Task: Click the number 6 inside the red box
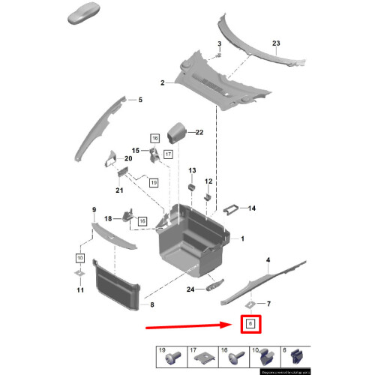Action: pyautogui.click(x=251, y=325)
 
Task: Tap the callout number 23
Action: pyautogui.click(x=275, y=44)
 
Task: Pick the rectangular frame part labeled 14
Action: pyautogui.click(x=234, y=209)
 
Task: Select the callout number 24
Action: pyautogui.click(x=190, y=289)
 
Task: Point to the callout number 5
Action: pyautogui.click(x=139, y=99)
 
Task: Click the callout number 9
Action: pyautogui.click(x=94, y=209)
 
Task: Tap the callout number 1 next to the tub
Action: pyautogui.click(x=241, y=238)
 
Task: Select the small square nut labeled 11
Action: pyautogui.click(x=79, y=273)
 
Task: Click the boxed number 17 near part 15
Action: pyautogui.click(x=168, y=154)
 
